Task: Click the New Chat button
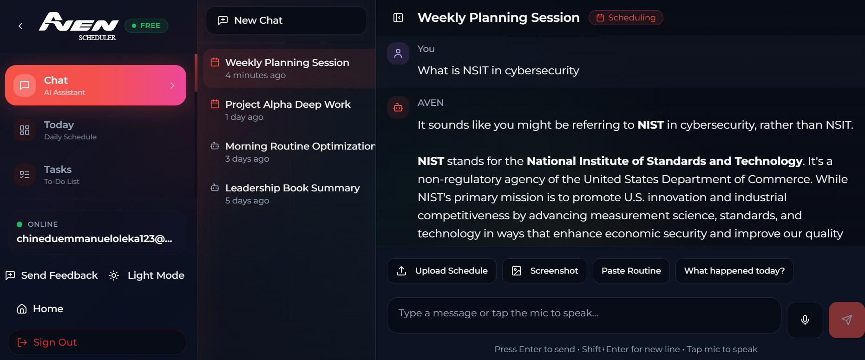click(286, 20)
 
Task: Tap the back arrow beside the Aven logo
click(20, 26)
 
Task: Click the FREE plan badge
click(146, 26)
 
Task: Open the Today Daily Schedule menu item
click(96, 130)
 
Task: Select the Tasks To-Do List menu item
click(96, 175)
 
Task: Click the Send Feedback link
click(52, 275)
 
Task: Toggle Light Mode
click(146, 275)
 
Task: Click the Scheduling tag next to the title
click(626, 18)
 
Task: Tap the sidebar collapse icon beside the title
click(398, 18)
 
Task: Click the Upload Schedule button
click(442, 271)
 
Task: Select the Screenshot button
click(544, 271)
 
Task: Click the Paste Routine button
click(631, 271)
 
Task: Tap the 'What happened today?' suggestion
click(734, 271)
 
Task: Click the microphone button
click(805, 320)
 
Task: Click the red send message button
click(847, 320)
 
